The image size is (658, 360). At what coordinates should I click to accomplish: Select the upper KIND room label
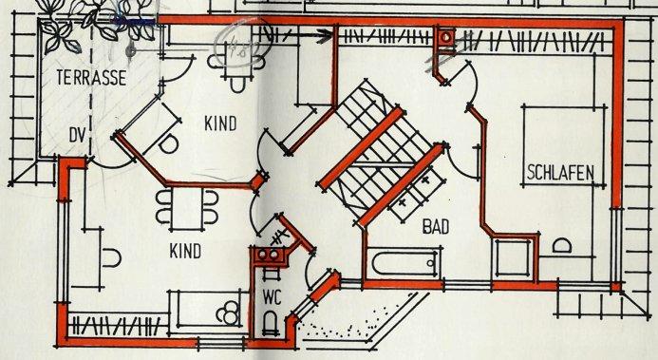coord(219,123)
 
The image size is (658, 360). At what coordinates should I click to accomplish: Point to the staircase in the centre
coord(366,142)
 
